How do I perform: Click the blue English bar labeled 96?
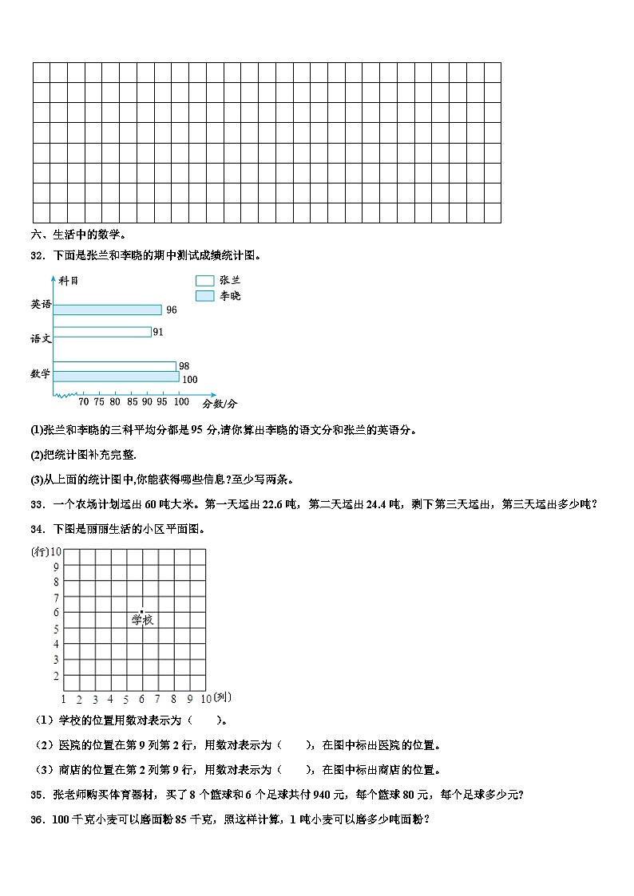click(x=108, y=310)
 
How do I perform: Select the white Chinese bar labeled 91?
click(x=102, y=332)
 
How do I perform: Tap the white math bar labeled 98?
click(x=115, y=366)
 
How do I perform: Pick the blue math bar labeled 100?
click(x=117, y=377)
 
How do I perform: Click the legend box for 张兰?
click(x=204, y=281)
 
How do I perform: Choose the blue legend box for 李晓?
click(x=204, y=296)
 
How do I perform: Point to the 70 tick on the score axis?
click(x=83, y=402)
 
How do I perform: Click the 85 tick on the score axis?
click(x=133, y=402)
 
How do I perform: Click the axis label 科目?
click(x=69, y=281)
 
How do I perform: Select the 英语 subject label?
click(x=41, y=304)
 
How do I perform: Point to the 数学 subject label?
click(x=41, y=373)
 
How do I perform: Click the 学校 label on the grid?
click(x=142, y=620)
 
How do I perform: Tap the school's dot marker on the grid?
click(x=142, y=612)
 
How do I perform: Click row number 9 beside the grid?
click(x=56, y=566)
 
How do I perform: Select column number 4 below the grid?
click(x=111, y=700)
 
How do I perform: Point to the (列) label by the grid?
click(x=222, y=697)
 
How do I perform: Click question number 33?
click(x=36, y=503)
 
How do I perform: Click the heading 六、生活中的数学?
click(x=78, y=235)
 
